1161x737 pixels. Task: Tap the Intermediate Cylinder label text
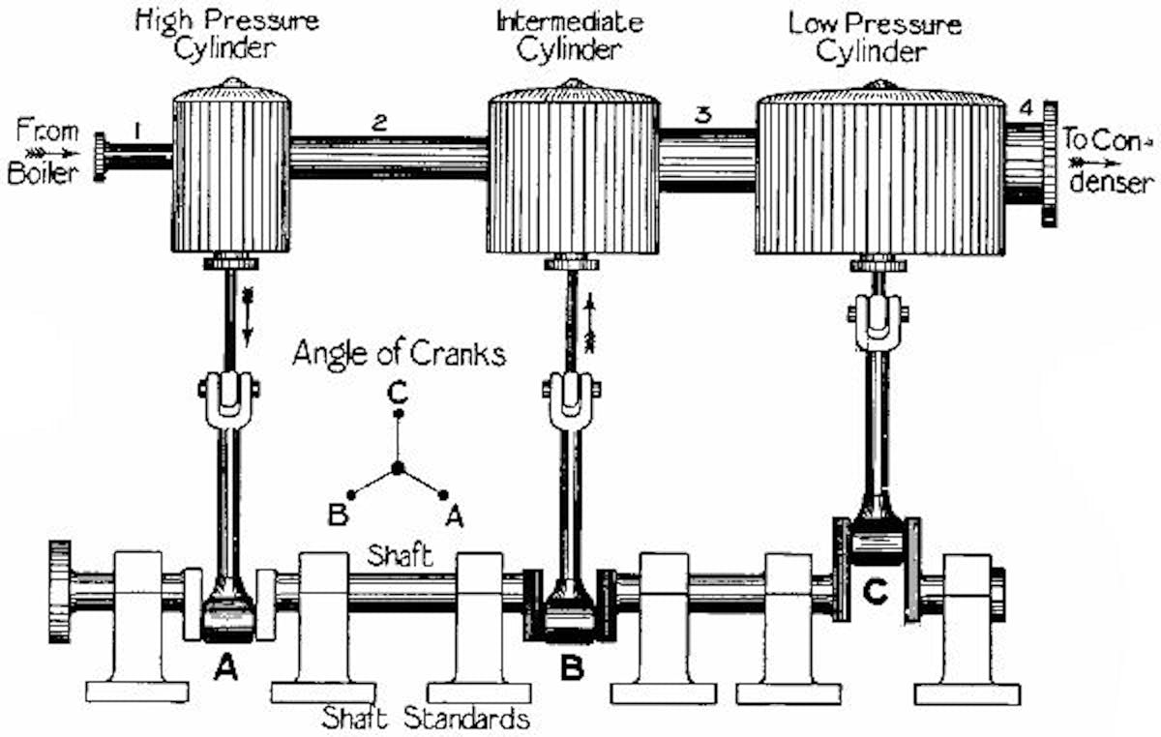pos(569,34)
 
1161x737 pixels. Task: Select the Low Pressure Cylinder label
pos(875,36)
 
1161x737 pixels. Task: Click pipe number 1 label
pos(138,126)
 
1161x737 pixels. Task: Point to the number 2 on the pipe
pos(379,122)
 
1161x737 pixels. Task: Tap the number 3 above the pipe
pos(703,114)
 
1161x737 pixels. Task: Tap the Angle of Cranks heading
pos(399,354)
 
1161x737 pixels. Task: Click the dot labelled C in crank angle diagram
pos(396,414)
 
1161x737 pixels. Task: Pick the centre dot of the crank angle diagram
pos(397,470)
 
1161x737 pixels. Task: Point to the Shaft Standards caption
pos(427,719)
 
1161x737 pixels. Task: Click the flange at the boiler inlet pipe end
pos(100,158)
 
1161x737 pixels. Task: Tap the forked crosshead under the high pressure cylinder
pos(229,398)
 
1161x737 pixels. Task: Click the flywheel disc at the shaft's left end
pos(59,591)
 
